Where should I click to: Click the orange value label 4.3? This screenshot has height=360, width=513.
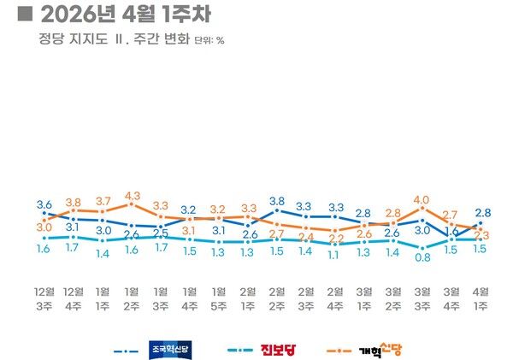(132, 196)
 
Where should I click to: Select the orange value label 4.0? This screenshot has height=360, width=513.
(422, 200)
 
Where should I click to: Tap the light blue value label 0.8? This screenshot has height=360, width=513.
(422, 257)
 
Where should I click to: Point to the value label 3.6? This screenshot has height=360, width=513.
(44, 204)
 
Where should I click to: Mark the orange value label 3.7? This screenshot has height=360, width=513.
(103, 201)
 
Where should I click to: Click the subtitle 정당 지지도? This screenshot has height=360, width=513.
(68, 39)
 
